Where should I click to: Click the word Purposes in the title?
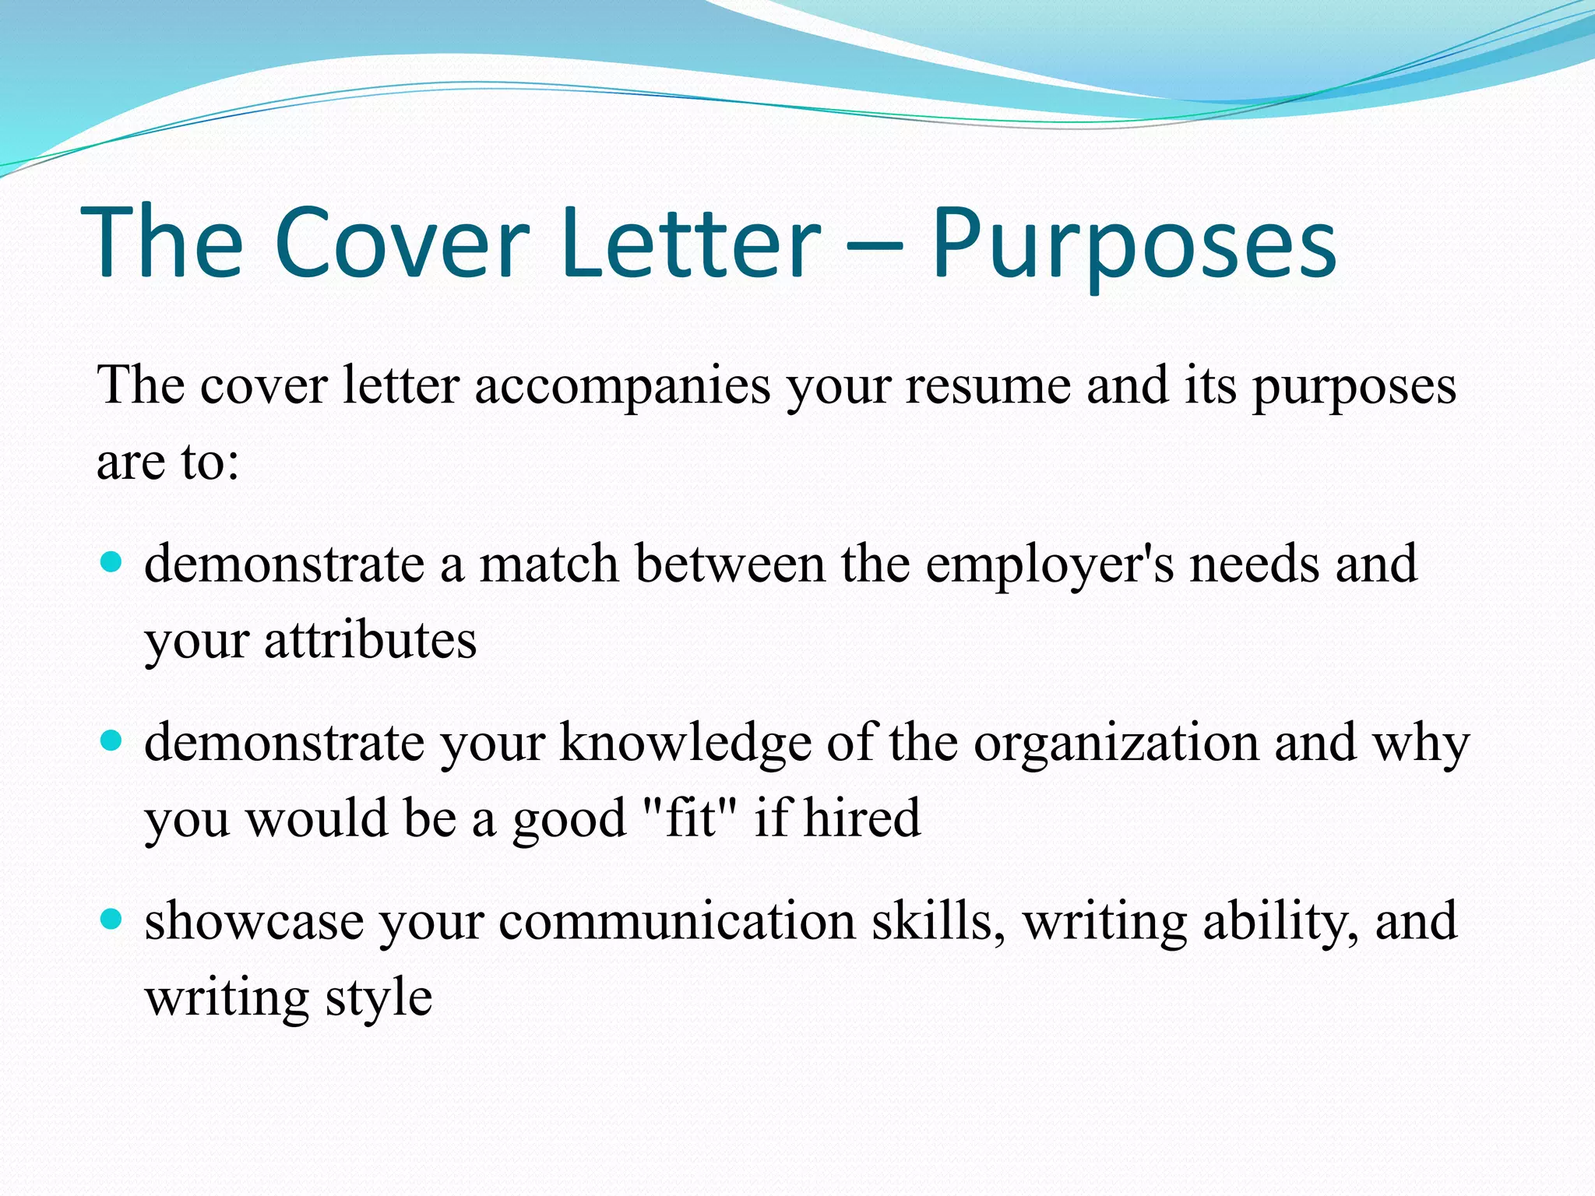(x=1134, y=243)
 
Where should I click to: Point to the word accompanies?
(x=622, y=387)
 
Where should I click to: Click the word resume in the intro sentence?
(x=988, y=387)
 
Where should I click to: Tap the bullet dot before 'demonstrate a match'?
(x=112, y=562)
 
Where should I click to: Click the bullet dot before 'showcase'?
(x=112, y=920)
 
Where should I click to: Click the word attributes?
(x=370, y=641)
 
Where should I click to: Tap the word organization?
(x=1115, y=744)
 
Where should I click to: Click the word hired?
(x=862, y=818)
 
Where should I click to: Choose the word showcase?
(x=254, y=921)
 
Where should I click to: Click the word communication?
(x=677, y=921)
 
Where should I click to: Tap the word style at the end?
(x=379, y=998)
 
